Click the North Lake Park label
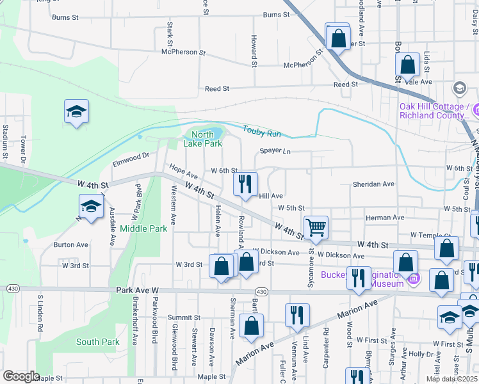[x=203, y=139]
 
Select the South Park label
[x=97, y=342]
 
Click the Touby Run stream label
[x=261, y=132]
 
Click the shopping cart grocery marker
[x=316, y=228]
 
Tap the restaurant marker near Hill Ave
[x=245, y=185]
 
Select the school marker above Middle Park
[x=91, y=207]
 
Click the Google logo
[x=20, y=376]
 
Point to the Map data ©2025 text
[x=452, y=379]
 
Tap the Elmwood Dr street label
[x=131, y=155]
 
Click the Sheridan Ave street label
[x=373, y=184]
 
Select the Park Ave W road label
[x=137, y=290]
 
